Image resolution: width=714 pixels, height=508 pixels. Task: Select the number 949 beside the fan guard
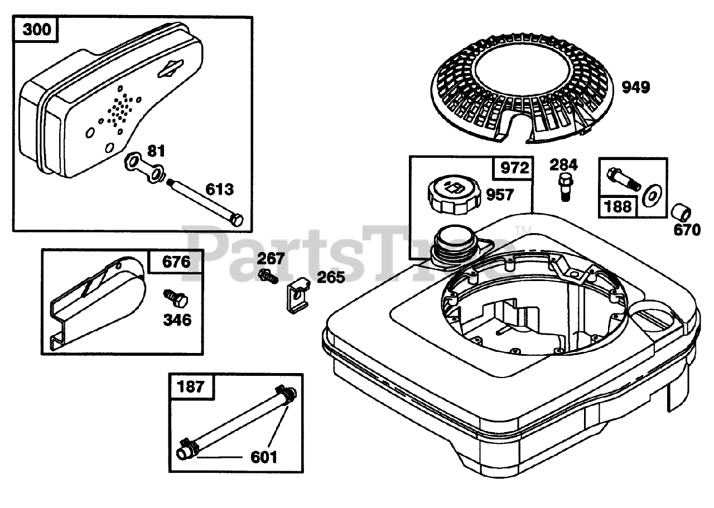(636, 88)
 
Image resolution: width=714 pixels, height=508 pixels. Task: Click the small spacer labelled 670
(682, 213)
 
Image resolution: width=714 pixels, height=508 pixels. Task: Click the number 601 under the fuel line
(263, 457)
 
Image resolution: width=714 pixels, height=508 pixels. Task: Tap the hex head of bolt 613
(237, 220)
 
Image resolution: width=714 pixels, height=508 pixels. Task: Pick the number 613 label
(219, 190)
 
